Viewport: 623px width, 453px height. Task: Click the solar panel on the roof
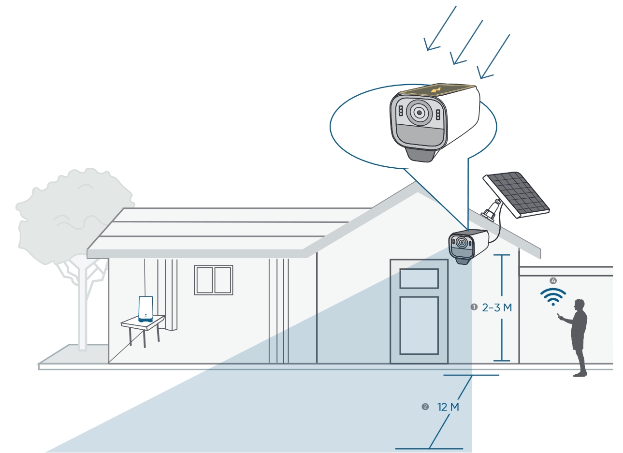516,195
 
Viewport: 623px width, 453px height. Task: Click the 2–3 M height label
497,307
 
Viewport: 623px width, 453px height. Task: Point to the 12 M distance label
448,407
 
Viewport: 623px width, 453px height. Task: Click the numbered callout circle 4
553,281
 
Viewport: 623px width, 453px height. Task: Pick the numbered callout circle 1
474,307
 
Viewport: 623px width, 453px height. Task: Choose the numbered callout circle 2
425,407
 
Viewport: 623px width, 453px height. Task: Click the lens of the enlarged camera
419,113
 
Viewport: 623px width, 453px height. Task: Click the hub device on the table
145,309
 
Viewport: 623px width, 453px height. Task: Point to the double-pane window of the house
213,280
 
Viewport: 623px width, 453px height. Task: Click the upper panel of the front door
419,278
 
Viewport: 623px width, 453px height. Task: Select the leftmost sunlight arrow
440,28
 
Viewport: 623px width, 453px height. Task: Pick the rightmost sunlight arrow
493,57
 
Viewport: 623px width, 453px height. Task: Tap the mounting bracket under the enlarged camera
420,155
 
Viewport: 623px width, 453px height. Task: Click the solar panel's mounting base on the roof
491,210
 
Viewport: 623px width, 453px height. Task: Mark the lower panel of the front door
419,325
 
